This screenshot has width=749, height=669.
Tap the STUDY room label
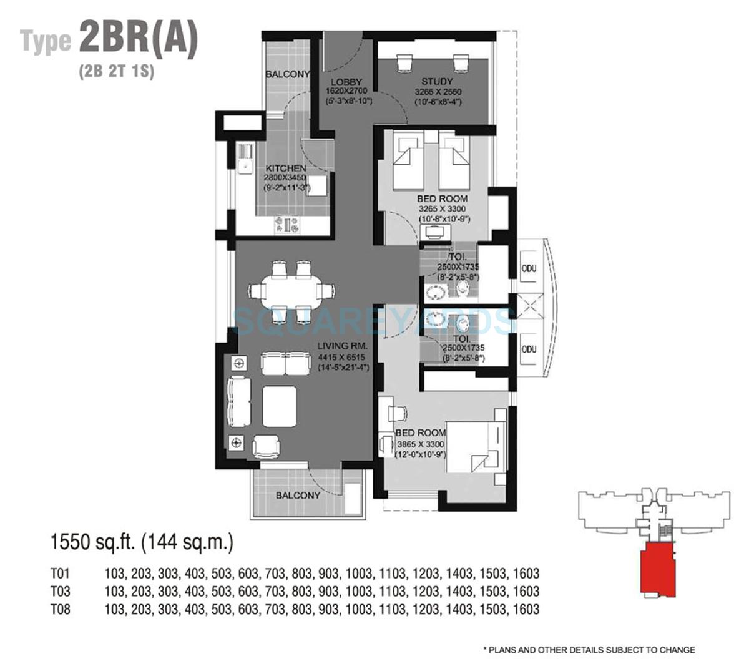tap(437, 82)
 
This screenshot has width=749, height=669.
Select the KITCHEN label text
tap(286, 168)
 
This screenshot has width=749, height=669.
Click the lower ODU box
tap(529, 349)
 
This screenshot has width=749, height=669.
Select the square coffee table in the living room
tap(279, 406)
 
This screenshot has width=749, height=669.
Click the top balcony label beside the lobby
tap(287, 74)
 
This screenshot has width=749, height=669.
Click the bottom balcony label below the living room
tap(298, 495)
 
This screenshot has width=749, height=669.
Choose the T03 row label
tap(61, 591)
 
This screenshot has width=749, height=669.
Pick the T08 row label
tap(61, 609)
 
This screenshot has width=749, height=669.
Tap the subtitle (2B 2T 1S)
tap(116, 71)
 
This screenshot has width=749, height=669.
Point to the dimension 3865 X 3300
tap(421, 444)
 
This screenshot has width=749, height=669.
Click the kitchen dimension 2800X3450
tap(286, 178)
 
